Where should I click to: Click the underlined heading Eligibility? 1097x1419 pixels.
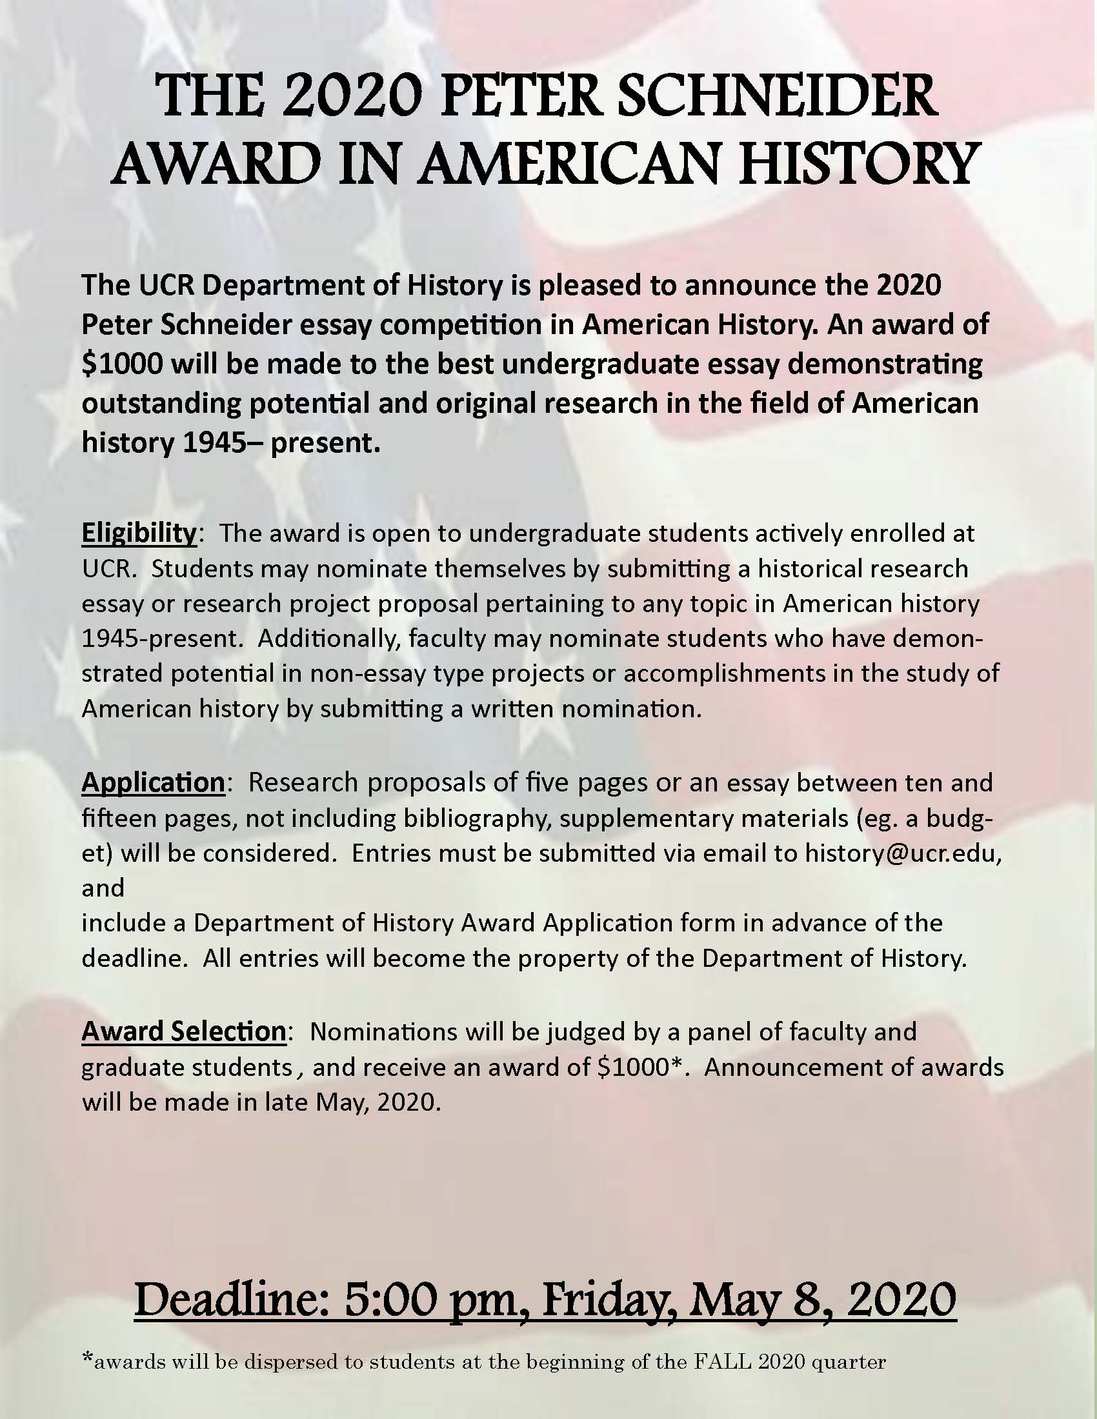point(139,534)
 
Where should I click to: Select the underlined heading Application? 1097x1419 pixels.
point(153,782)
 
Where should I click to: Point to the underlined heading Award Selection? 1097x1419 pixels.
point(183,1031)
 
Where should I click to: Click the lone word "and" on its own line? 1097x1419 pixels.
point(103,888)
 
